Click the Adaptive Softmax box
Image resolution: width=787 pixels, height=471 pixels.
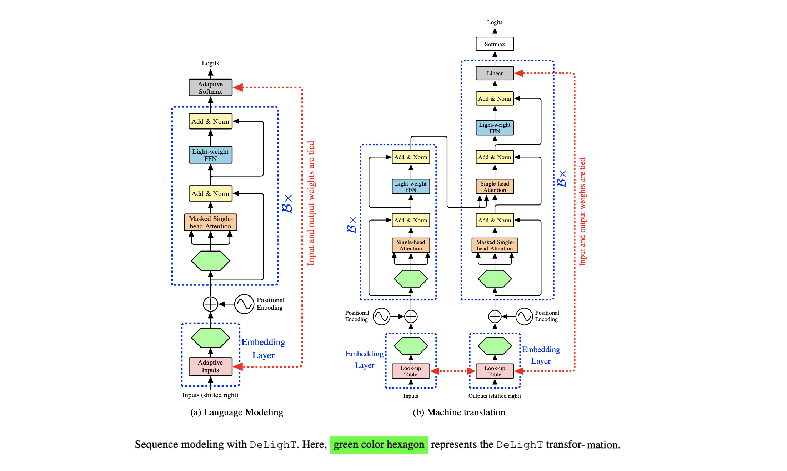coord(210,88)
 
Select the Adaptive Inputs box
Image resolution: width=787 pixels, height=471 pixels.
coord(210,366)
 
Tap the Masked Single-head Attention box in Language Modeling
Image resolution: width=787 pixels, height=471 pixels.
coord(210,222)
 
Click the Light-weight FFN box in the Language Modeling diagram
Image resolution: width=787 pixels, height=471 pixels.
coord(210,155)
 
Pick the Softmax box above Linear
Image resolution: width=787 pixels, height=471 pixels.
coord(495,44)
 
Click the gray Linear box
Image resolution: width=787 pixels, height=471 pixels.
coord(495,73)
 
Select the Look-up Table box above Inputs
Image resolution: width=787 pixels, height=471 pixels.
coord(411,371)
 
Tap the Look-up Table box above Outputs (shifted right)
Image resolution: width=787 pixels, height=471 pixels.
coord(495,371)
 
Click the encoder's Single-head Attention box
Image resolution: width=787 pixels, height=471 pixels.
coord(411,245)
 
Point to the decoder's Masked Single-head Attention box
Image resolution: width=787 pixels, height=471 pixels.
coord(495,245)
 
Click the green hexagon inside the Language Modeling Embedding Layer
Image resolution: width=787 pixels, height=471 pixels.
coord(210,338)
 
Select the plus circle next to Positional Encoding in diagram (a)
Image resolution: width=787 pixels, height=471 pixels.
coord(210,304)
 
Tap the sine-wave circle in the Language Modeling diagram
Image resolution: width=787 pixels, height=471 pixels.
coord(244,304)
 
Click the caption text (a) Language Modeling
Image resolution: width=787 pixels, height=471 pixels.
coord(236,412)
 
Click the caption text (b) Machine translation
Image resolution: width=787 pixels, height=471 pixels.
coord(459,412)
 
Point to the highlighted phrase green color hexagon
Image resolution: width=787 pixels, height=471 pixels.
coord(379,445)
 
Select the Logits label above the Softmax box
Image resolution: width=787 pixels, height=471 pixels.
coord(495,22)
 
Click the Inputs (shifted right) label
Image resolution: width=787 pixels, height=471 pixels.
coord(210,395)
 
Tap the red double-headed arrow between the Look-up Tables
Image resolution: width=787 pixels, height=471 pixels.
coord(453,371)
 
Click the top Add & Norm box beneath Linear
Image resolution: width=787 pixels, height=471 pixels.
coord(495,98)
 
